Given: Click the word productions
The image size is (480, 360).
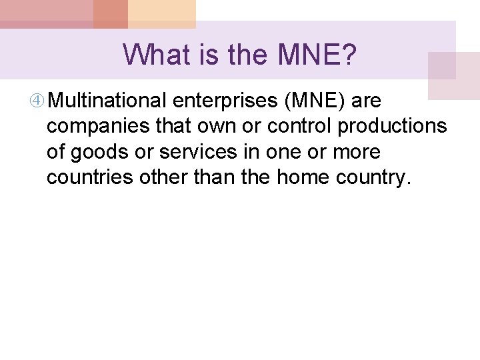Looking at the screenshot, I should tap(393, 127).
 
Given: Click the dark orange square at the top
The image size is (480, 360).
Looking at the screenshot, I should tap(111, 14).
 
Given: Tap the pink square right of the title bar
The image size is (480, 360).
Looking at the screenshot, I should tap(453, 75).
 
